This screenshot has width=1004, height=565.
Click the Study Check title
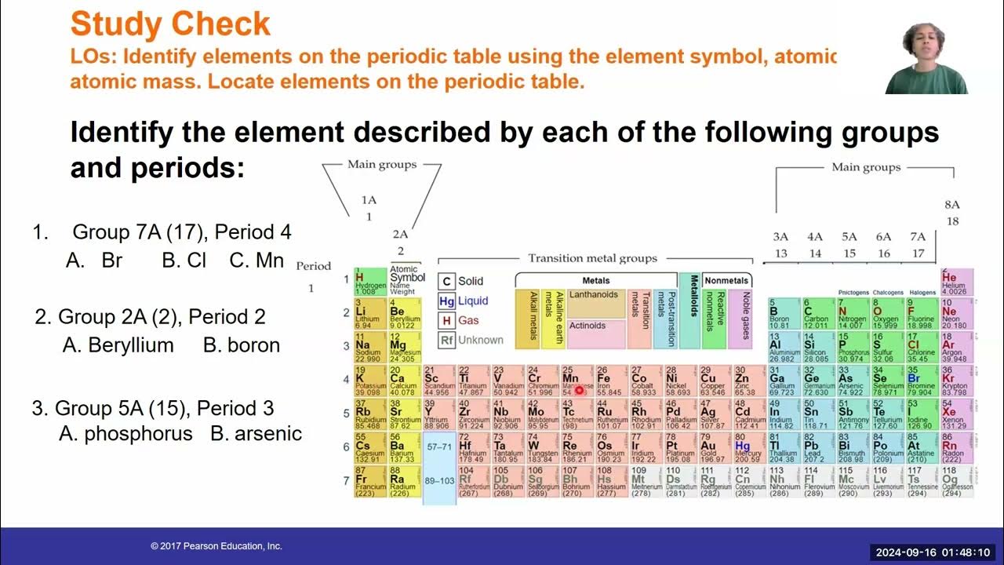[170, 24]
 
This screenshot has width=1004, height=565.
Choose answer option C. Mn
[257, 261]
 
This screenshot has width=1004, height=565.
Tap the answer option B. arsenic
[256, 433]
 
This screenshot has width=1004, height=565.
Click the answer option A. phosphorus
[126, 433]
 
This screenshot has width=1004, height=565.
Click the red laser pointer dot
[580, 389]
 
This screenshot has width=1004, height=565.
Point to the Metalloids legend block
[690, 309]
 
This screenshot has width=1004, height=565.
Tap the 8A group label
[952, 205]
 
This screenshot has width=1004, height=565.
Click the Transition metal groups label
[592, 258]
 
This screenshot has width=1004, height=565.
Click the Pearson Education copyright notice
[216, 546]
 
